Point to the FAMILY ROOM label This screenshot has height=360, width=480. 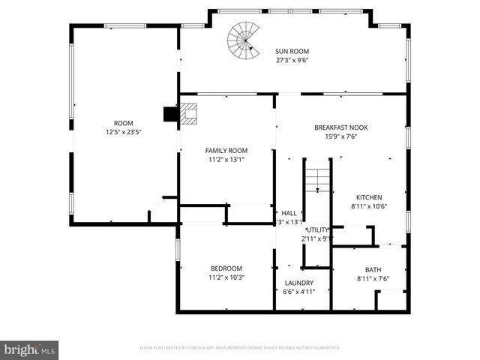tap(226, 150)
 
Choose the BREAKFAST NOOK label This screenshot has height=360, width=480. tap(340, 127)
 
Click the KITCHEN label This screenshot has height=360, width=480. tap(368, 197)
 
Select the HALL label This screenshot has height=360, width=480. tap(289, 213)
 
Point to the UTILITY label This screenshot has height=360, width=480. tap(318, 229)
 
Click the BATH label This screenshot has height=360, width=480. tap(373, 270)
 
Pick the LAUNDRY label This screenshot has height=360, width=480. tap(298, 283)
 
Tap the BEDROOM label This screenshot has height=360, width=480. tap(226, 268)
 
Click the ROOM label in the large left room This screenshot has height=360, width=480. tap(123, 123)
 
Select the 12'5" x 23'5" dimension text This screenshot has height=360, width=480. tap(123, 132)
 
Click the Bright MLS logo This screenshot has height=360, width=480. tap(29, 349)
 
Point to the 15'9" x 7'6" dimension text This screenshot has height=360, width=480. tap(340, 136)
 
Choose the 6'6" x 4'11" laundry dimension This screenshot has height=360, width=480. tap(298, 292)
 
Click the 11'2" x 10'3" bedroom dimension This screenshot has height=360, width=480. tap(226, 277)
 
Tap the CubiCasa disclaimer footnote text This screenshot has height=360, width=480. tap(240, 348)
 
